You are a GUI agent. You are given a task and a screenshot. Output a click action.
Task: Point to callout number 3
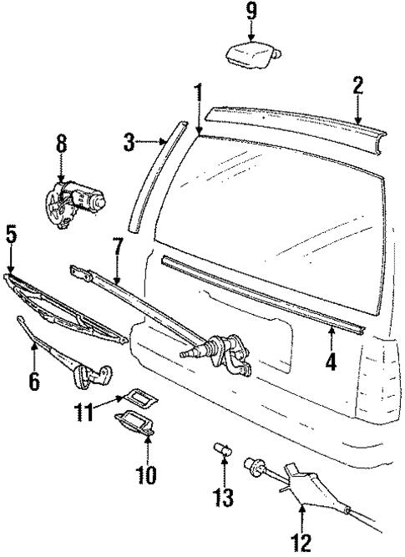pos(129,143)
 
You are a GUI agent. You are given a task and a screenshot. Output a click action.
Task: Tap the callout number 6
pos(34,380)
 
